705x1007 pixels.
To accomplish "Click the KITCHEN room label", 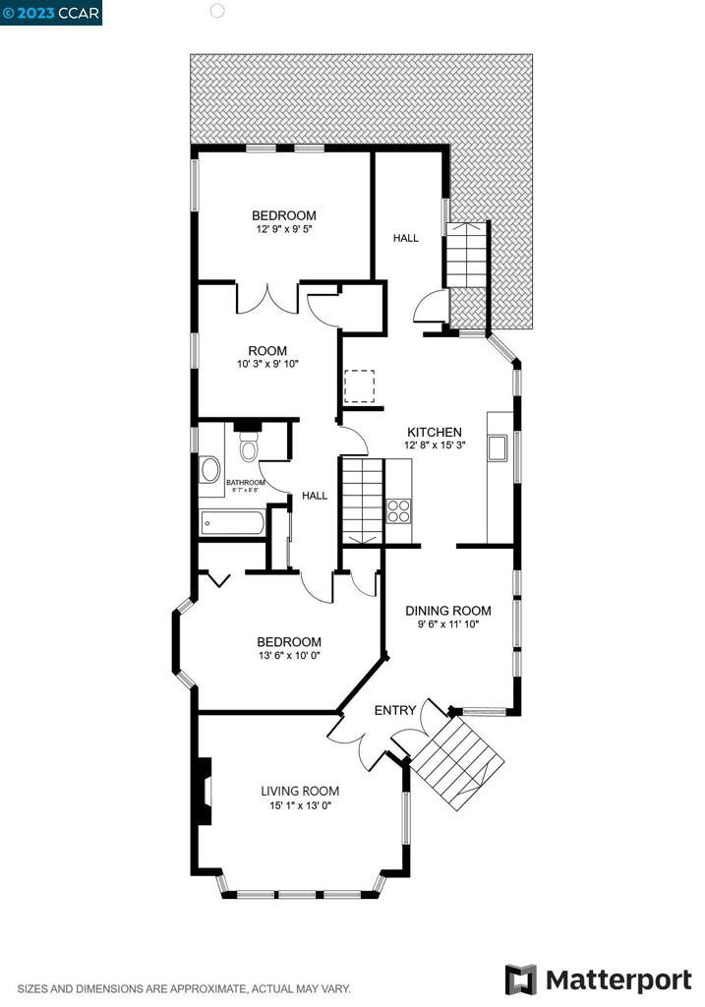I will point(435,432).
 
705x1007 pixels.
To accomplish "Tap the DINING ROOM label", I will point(448,611).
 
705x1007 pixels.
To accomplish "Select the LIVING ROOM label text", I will point(300,791).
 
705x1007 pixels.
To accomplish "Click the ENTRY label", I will point(395,710).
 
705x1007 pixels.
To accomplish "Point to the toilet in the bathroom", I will point(248,448).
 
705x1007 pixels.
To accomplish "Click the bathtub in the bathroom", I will point(232,524).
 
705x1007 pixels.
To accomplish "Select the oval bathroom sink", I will point(210,469).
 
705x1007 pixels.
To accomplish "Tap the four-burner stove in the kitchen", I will point(399,510).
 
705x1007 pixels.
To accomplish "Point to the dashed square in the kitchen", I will point(360,385).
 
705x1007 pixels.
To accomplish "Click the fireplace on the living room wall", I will point(203,791).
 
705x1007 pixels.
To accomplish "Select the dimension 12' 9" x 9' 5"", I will point(284,229).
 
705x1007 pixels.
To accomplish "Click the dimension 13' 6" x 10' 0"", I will point(289,656).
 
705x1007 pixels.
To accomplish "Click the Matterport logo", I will point(598,979).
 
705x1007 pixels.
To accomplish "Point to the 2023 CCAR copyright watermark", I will point(51,12).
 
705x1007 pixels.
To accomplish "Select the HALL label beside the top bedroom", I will point(406,238).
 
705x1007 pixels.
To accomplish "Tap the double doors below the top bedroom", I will point(266,298).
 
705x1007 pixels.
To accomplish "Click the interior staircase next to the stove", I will point(361,500).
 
